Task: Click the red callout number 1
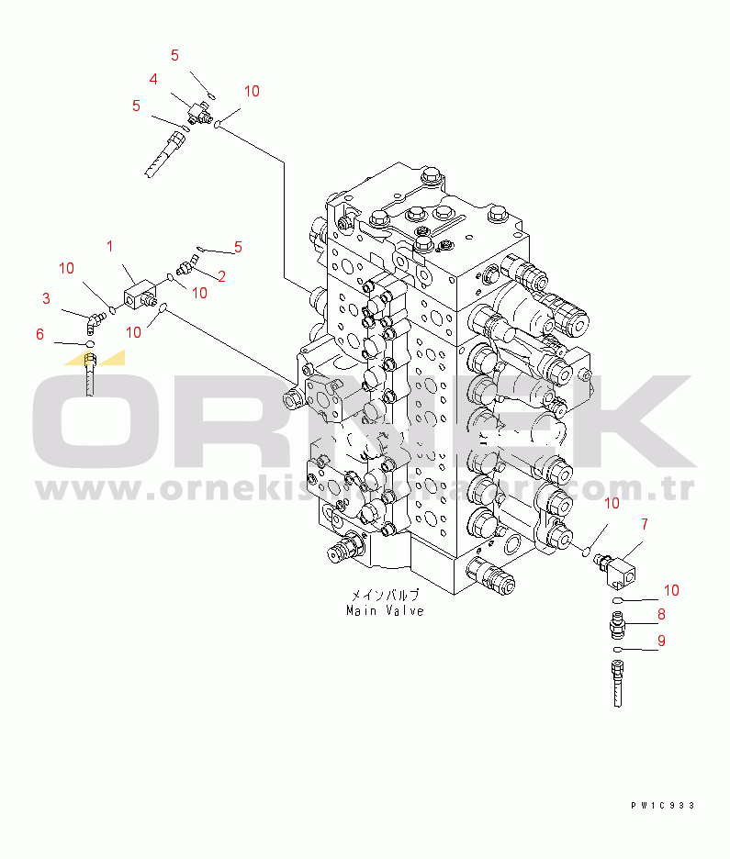click(109, 246)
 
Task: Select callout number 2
click(221, 275)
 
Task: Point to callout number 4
click(153, 80)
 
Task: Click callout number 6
click(39, 335)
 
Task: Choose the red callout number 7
click(645, 524)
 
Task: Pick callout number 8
click(660, 615)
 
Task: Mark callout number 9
click(660, 641)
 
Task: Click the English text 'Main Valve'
click(385, 610)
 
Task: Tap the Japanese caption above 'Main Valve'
click(385, 594)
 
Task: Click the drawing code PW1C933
click(662, 805)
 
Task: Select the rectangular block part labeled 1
click(140, 293)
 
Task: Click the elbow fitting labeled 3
click(93, 320)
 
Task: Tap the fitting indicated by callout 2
click(186, 267)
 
